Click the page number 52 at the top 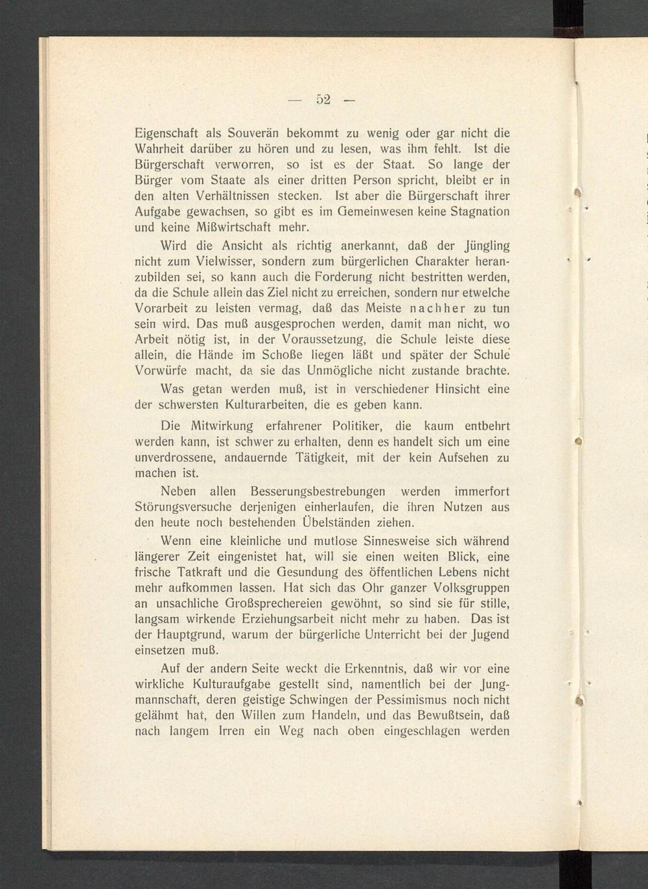(323, 99)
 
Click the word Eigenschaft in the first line (167, 133)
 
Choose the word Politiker (356, 426)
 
